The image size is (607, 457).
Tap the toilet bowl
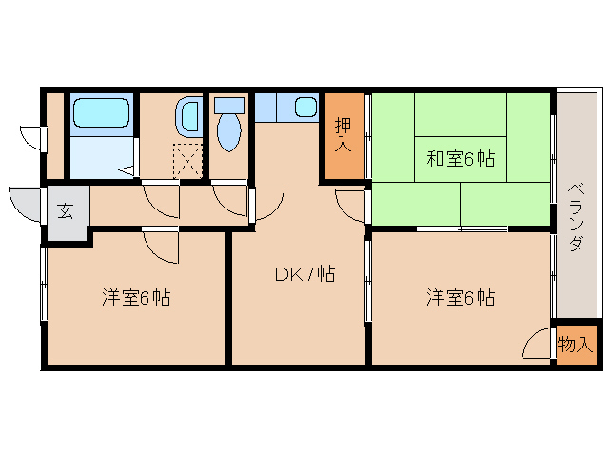click(x=229, y=131)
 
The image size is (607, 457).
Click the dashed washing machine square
click(x=188, y=159)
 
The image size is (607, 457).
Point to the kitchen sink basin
click(x=305, y=107)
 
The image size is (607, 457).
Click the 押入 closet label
click(x=343, y=135)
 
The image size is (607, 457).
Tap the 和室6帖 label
click(x=460, y=159)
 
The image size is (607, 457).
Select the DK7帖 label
click(x=304, y=275)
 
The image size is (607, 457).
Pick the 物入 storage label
click(x=576, y=345)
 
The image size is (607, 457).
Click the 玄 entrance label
click(x=66, y=211)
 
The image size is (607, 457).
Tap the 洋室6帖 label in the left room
click(x=136, y=298)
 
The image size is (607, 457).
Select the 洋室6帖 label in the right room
click(x=460, y=298)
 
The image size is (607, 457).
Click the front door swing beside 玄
click(x=26, y=202)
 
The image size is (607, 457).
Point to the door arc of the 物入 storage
click(x=538, y=343)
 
